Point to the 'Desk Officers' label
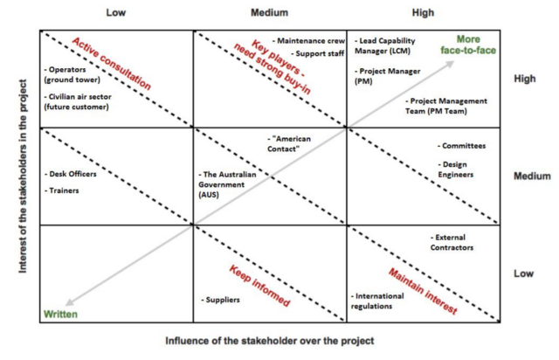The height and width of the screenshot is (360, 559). pos(71,173)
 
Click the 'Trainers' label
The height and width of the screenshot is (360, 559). pos(62,190)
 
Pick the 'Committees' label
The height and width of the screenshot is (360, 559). pos(462,146)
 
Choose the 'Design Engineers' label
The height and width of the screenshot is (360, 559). pos(459,169)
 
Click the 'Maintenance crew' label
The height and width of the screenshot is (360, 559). pos(307,41)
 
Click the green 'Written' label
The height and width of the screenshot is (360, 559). pos(61,313)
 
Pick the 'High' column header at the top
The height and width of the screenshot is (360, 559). pos(422,13)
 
